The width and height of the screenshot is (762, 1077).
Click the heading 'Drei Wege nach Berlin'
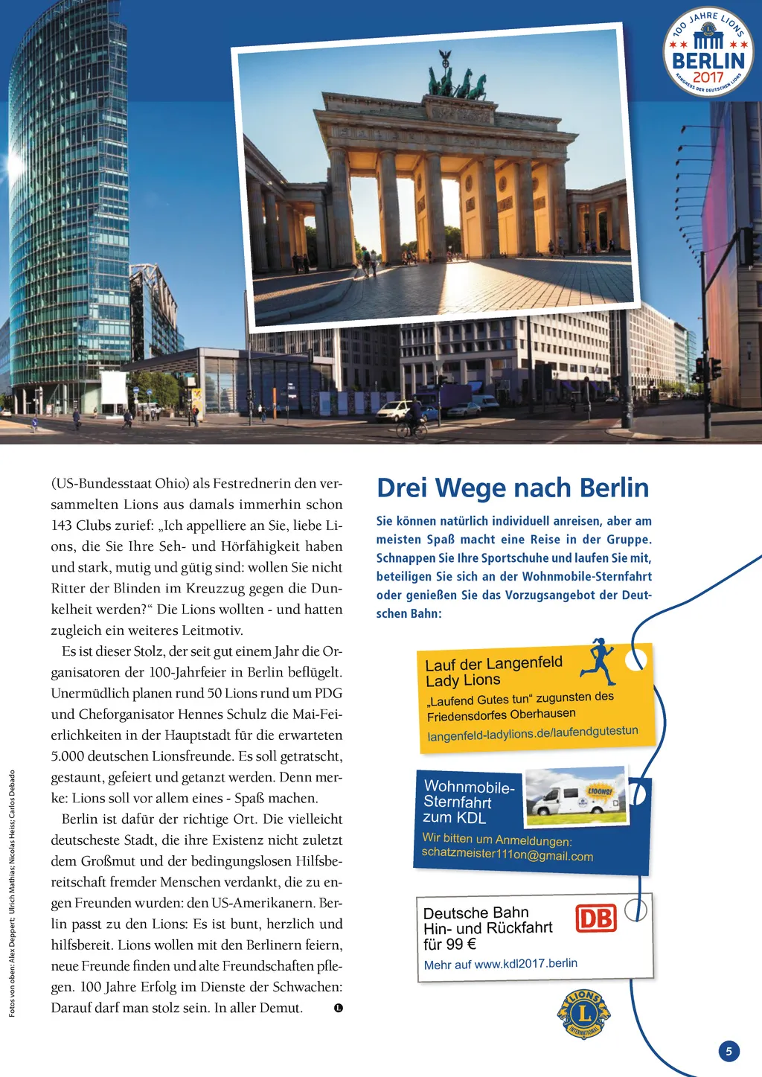tap(513, 488)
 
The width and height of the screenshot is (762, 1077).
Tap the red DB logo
tap(596, 918)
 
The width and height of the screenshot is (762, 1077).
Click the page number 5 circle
tap(729, 1051)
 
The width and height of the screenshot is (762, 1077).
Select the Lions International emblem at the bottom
tap(583, 1013)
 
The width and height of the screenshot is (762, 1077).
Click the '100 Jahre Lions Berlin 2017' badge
tap(708, 52)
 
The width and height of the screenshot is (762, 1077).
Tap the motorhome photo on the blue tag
tap(576, 796)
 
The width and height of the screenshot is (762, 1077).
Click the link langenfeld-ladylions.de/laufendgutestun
tap(533, 733)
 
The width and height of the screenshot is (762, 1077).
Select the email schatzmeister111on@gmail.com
tap(507, 855)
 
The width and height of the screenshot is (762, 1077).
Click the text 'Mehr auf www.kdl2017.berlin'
tap(500, 964)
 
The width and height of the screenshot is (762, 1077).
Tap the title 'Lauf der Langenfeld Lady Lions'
tap(493, 671)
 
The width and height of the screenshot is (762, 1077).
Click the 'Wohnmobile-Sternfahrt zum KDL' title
tap(467, 802)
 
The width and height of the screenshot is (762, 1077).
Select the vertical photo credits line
tap(12, 893)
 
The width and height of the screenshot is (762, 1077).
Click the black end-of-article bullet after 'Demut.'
tap(339, 1008)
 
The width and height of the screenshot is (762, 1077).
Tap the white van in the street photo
tap(394, 410)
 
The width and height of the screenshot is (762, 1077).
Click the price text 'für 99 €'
tap(449, 944)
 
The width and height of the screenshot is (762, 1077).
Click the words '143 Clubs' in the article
tap(83, 525)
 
